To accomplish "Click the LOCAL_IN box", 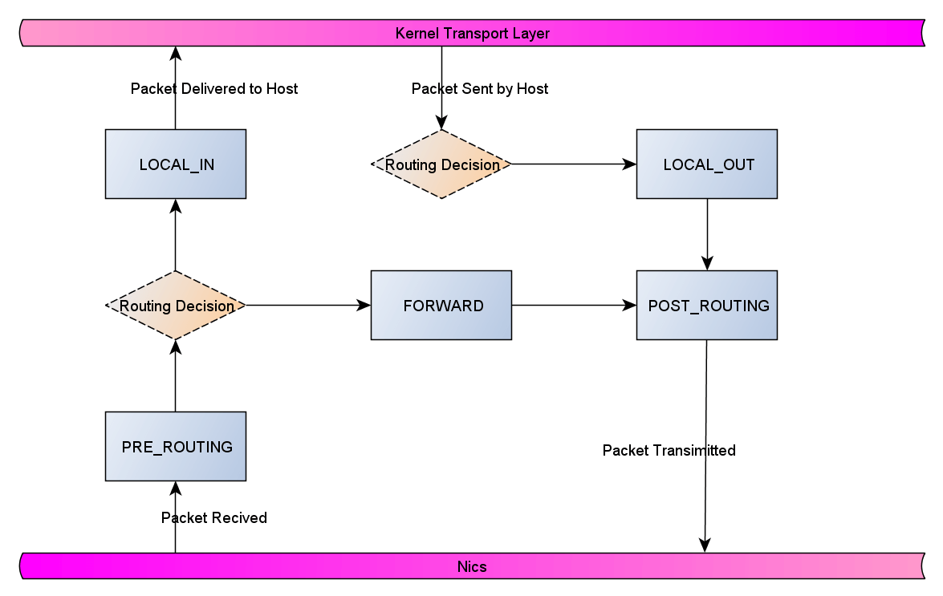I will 175,164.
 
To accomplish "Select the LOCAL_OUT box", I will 706,164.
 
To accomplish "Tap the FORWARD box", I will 441,306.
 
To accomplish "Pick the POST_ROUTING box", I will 706,306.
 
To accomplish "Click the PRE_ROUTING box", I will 175,447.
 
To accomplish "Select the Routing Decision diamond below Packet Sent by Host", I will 441,164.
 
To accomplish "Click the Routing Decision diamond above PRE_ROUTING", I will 175,306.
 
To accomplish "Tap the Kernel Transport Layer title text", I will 472,34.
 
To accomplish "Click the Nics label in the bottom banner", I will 472,566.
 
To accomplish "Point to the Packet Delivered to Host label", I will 213,89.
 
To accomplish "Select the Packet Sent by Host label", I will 479,89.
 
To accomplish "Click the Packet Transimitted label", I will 669,451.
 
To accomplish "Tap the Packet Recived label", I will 213,518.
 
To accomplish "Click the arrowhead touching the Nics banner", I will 705,545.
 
